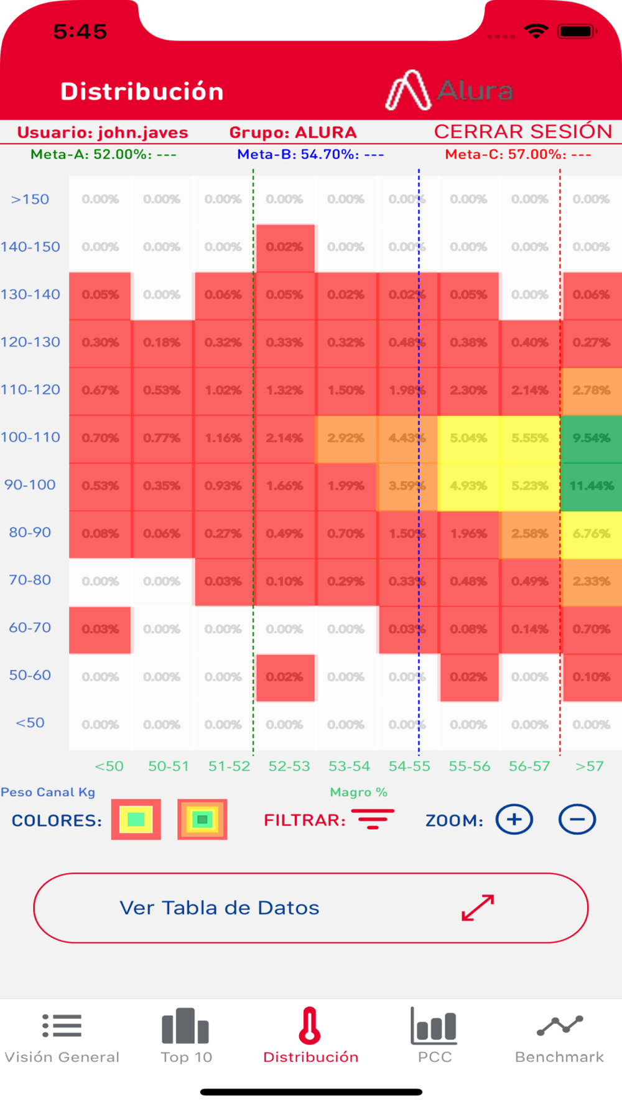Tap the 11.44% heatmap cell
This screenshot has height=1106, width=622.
[591, 486]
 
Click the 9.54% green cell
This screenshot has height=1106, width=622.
[591, 438]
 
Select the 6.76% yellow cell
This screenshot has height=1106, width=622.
[591, 534]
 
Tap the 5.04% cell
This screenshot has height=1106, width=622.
[468, 438]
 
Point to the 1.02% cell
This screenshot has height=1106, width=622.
[223, 391]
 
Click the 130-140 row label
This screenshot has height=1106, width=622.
[30, 294]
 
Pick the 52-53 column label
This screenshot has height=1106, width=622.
[289, 766]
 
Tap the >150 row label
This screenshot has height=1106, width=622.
[30, 199]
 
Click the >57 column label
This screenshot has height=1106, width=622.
[589, 766]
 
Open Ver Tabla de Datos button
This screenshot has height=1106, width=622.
[310, 908]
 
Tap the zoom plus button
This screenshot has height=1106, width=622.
[514, 819]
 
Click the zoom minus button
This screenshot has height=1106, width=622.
[577, 819]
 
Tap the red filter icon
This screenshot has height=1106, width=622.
[373, 819]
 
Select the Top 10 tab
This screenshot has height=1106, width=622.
[186, 1036]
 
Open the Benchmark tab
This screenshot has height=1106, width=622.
[559, 1036]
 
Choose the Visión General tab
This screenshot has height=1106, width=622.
[62, 1036]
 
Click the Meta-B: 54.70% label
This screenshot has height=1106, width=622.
[310, 154]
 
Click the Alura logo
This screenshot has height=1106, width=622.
[449, 91]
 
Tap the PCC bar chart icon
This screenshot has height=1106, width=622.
[434, 1027]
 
